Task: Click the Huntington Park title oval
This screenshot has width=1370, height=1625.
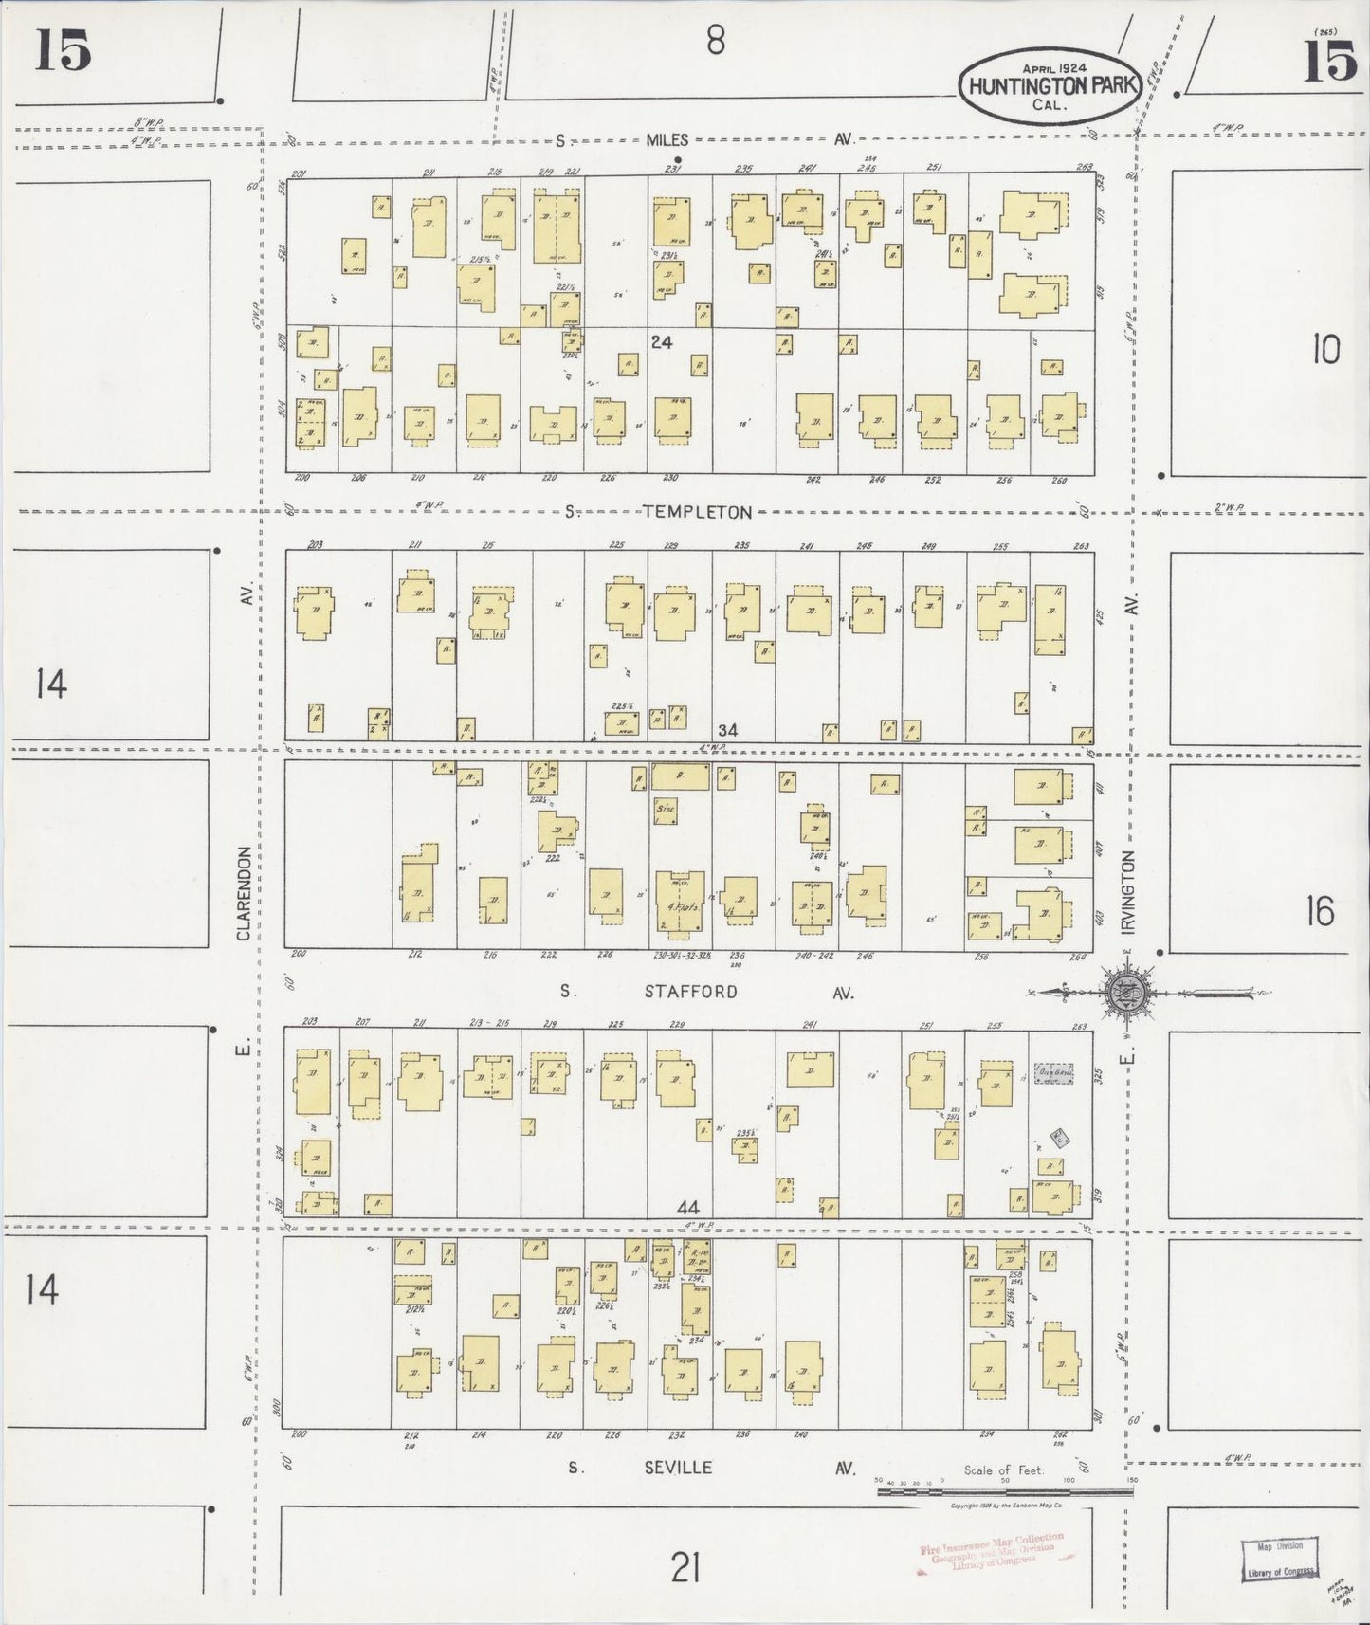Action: pyautogui.click(x=1050, y=85)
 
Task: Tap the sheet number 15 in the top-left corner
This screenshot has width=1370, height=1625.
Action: pyautogui.click(x=64, y=50)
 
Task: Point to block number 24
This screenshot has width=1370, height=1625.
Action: pyautogui.click(x=661, y=341)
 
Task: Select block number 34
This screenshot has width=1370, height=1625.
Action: pyautogui.click(x=727, y=730)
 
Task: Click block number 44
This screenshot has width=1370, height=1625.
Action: pyautogui.click(x=687, y=1207)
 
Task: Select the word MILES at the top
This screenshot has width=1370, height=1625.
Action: pyautogui.click(x=668, y=139)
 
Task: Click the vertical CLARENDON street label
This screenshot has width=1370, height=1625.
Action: pyautogui.click(x=244, y=893)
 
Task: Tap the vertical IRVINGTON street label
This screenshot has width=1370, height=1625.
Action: pyautogui.click(x=1129, y=894)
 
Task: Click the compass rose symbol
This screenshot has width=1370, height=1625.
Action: pyautogui.click(x=1126, y=993)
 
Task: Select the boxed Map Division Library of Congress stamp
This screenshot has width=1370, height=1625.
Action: pyautogui.click(x=1279, y=1559)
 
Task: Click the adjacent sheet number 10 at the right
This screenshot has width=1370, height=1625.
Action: pyautogui.click(x=1325, y=351)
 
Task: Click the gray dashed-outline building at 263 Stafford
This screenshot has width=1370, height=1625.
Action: pyautogui.click(x=1054, y=1073)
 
